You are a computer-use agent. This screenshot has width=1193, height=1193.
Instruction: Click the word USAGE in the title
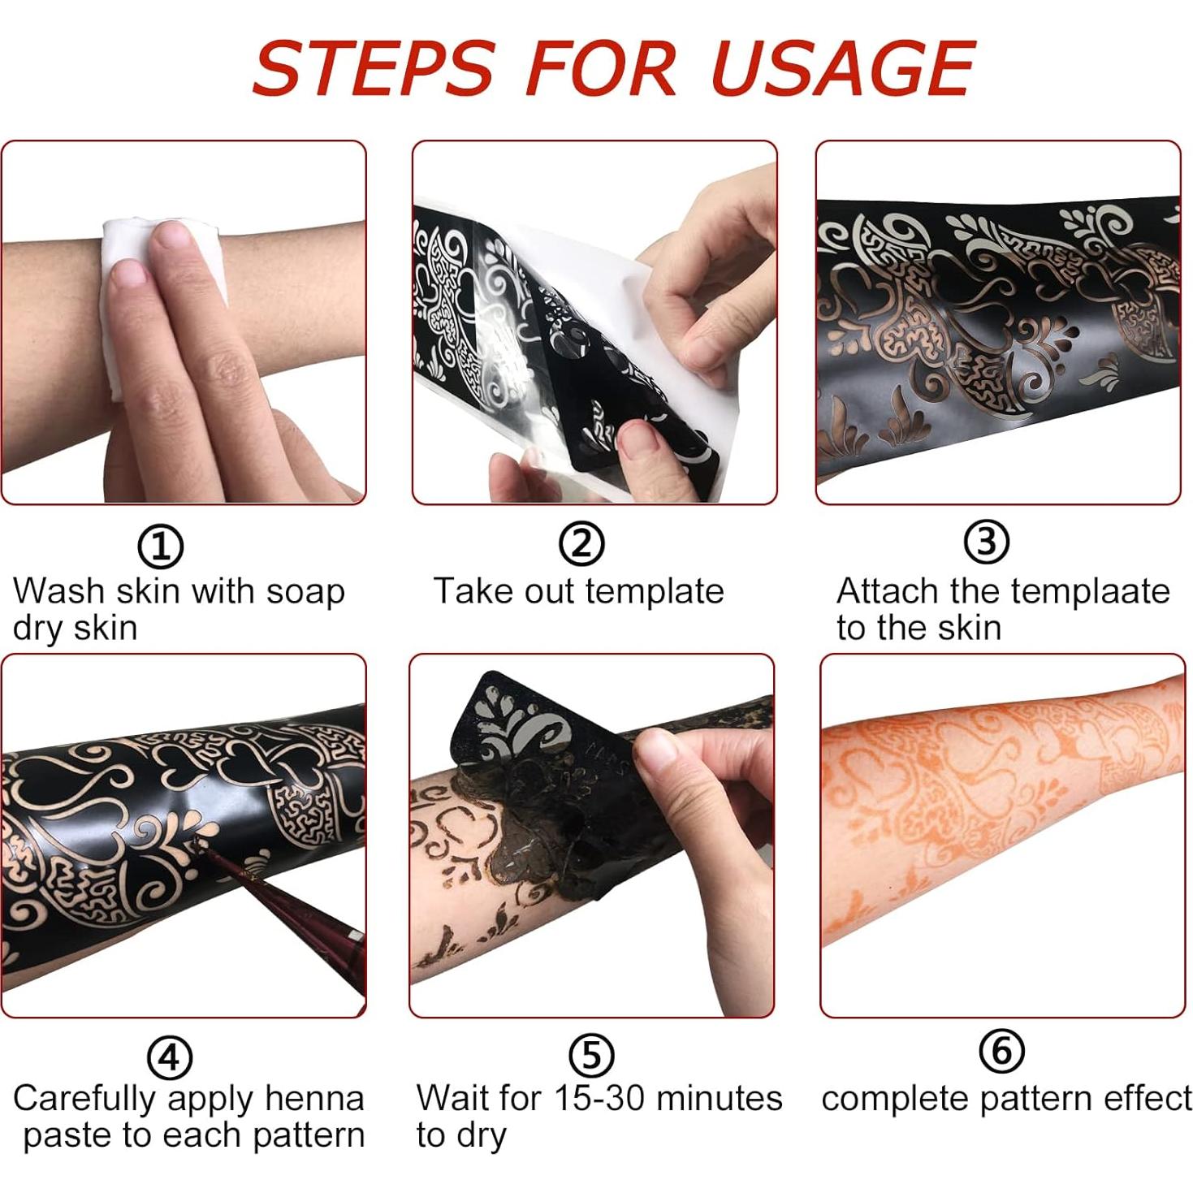(842, 68)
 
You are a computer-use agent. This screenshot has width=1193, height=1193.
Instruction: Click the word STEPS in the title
(373, 68)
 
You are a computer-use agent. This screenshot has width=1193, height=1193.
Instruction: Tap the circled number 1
(160, 547)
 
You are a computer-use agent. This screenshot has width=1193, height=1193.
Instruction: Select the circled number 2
(581, 544)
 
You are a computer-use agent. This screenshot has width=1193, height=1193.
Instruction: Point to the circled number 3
(986, 542)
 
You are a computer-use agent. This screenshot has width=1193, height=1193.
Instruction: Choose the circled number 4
(169, 1057)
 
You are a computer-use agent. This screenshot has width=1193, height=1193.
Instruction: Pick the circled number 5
(591, 1055)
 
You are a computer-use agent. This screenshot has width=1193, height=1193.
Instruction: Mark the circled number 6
(1001, 1052)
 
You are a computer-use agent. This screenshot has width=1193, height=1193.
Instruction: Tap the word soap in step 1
(305, 592)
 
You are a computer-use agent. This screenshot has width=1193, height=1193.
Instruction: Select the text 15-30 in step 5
(599, 1098)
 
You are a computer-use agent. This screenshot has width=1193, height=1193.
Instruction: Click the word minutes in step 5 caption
(719, 1098)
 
